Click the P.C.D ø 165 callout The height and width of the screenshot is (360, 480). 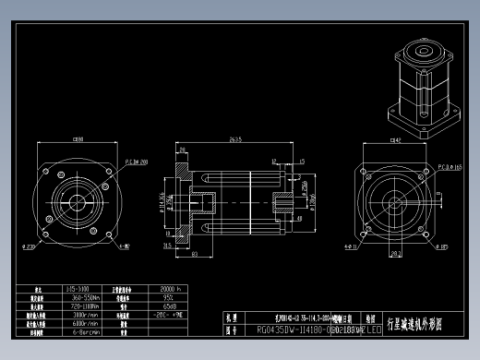tap(449, 168)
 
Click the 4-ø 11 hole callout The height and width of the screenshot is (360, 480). tap(351, 247)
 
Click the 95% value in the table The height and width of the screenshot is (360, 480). tap(143, 297)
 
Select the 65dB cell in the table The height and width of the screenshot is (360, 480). tap(145, 306)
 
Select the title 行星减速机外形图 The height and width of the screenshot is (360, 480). tap(420, 324)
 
